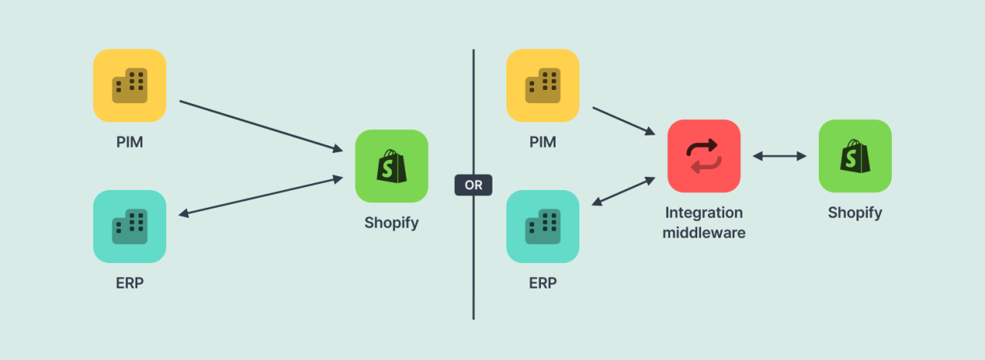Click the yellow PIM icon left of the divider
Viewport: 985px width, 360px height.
click(x=129, y=85)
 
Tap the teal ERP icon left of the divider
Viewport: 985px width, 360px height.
click(x=129, y=226)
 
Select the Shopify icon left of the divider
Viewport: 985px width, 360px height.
click(x=391, y=166)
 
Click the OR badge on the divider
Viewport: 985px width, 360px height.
click(x=473, y=185)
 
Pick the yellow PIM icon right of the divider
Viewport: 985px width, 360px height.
click(x=543, y=85)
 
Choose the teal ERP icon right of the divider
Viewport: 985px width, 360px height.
click(x=543, y=226)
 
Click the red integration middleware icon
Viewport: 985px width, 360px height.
click(x=703, y=155)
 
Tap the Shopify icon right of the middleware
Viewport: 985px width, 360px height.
click(x=855, y=155)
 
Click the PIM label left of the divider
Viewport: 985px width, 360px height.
click(x=129, y=142)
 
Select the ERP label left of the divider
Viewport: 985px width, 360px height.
click(x=129, y=283)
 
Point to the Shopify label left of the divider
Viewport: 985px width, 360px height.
click(x=391, y=223)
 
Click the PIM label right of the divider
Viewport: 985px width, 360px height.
click(x=543, y=142)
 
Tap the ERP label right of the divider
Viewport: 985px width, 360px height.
click(x=543, y=283)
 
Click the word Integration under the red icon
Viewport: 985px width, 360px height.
click(x=703, y=213)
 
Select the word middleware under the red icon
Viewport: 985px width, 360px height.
click(x=703, y=232)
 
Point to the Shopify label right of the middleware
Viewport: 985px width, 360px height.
click(x=855, y=213)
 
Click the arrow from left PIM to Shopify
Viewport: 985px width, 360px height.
click(x=261, y=125)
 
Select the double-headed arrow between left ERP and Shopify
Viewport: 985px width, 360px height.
click(x=261, y=196)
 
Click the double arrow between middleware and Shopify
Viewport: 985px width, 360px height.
click(x=780, y=156)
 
